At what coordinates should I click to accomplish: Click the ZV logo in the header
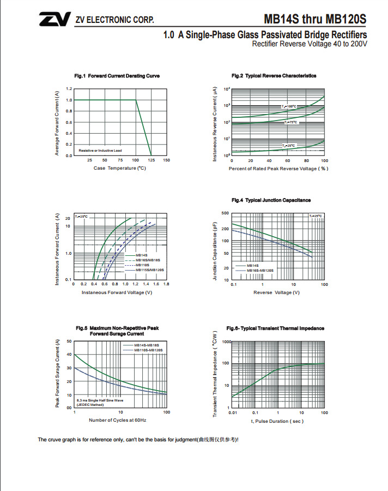tap(53, 20)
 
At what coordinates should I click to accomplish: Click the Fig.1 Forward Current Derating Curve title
tap(117, 76)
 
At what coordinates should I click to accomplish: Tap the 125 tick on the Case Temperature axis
tap(151, 160)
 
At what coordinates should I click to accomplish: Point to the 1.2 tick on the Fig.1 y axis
tap(69, 88)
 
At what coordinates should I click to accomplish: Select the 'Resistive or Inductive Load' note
tap(100, 150)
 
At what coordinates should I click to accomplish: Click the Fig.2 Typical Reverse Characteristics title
tap(274, 76)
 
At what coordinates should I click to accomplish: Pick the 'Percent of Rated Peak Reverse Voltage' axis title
tap(278, 169)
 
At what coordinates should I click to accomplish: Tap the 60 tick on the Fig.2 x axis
tap(287, 161)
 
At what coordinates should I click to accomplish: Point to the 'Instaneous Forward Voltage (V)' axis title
tap(117, 292)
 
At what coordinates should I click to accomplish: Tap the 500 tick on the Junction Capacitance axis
tap(225, 213)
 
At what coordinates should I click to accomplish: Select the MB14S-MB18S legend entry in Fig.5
tap(146, 345)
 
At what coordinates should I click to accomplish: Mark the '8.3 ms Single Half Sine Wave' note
tap(100, 400)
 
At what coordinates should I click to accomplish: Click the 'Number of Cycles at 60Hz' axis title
tap(117, 421)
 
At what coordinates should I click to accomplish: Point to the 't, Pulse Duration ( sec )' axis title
tap(277, 421)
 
